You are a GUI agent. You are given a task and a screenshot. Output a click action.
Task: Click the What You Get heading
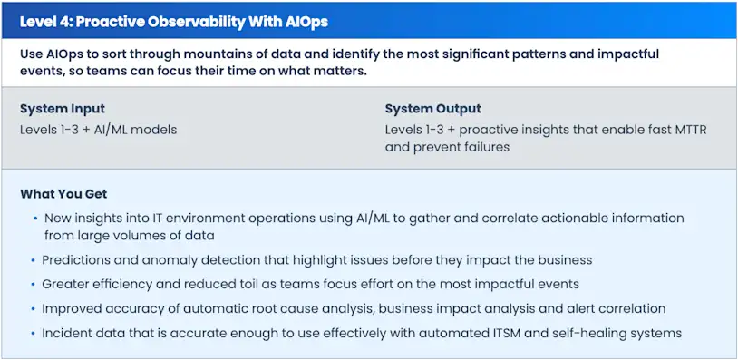pos(63,194)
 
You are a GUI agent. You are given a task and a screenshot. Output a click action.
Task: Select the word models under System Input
pos(156,130)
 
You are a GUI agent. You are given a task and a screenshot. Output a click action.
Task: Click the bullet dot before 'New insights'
pos(35,219)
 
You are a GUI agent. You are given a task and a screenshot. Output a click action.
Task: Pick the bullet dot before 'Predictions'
pos(35,260)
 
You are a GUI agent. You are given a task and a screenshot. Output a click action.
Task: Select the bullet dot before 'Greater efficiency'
pos(35,284)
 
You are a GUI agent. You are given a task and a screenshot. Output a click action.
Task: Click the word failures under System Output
pos(484,147)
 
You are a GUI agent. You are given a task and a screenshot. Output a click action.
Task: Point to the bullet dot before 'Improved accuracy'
pos(35,308)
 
